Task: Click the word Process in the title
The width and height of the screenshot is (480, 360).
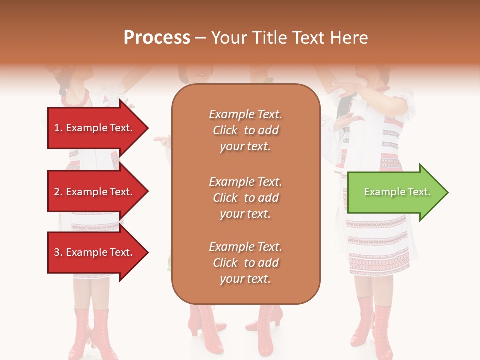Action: (157, 38)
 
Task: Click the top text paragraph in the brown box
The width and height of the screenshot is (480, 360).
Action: (245, 130)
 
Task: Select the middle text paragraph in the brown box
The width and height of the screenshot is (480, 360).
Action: (245, 198)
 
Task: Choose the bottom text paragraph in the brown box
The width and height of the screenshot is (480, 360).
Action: (245, 263)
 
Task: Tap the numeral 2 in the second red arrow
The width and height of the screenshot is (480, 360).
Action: (56, 192)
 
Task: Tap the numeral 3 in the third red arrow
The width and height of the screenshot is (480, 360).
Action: (56, 252)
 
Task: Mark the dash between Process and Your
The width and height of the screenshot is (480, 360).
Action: (201, 38)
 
